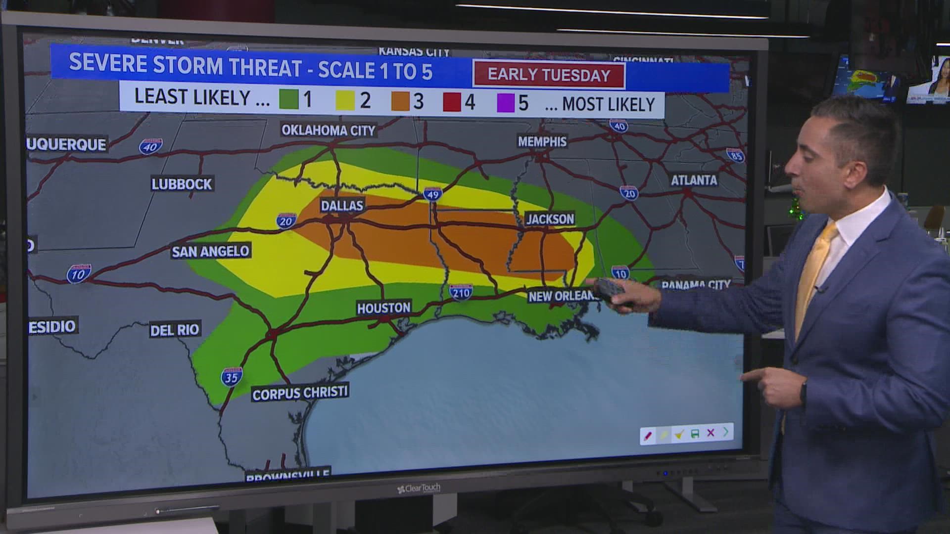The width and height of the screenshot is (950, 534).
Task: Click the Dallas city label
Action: click(342, 206)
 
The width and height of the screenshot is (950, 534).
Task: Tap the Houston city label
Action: click(383, 308)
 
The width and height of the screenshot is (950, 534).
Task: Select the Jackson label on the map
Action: click(550, 219)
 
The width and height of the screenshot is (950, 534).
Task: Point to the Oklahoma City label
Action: click(329, 131)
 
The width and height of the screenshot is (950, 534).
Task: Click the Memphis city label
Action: click(542, 142)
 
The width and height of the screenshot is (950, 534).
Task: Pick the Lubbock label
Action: click(182, 184)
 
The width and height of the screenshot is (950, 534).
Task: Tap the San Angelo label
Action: click(210, 252)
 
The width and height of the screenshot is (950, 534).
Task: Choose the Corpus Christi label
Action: click(300, 393)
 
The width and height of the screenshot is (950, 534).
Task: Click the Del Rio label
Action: click(175, 330)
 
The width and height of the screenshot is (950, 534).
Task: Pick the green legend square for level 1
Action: click(289, 99)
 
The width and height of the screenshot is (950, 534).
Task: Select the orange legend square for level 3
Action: click(400, 101)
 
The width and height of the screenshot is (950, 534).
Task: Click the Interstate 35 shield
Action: click(232, 377)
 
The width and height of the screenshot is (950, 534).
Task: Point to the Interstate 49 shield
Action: click(432, 194)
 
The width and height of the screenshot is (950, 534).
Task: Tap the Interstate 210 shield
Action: click(461, 292)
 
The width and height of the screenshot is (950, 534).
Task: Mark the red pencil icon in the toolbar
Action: click(648, 435)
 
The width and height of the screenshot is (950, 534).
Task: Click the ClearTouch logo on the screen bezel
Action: click(419, 489)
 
